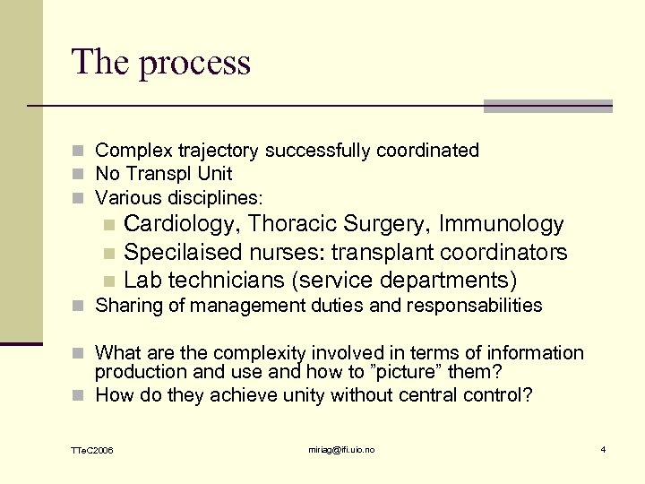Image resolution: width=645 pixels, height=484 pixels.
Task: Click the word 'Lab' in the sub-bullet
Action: tap(143, 280)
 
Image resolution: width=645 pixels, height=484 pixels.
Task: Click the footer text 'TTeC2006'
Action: tap(93, 449)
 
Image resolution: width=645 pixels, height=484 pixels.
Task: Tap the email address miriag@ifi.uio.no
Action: tap(341, 448)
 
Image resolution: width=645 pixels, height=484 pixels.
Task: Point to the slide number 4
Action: tap(603, 448)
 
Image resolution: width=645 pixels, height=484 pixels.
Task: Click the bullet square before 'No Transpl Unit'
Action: tap(82, 174)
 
